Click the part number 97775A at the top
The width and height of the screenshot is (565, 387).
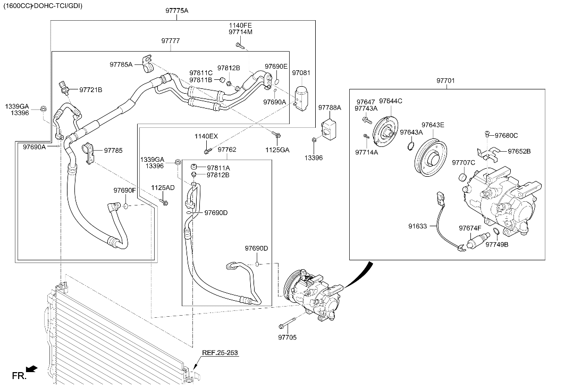click(177, 11)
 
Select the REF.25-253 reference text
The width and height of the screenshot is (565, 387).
click(220, 353)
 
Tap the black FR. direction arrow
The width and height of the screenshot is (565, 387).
click(32, 368)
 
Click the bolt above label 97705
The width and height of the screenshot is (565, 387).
click(287, 323)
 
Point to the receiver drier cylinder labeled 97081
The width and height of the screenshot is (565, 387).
click(300, 96)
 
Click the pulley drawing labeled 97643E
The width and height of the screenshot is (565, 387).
click(431, 158)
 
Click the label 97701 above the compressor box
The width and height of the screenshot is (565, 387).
click(446, 81)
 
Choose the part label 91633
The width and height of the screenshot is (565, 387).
click(418, 226)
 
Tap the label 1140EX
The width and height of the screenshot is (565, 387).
click(206, 136)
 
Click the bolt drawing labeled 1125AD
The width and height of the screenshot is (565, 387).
click(164, 201)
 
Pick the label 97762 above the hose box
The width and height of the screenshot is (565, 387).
click(227, 150)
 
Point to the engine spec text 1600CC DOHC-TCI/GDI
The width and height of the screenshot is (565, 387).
click(43, 6)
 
